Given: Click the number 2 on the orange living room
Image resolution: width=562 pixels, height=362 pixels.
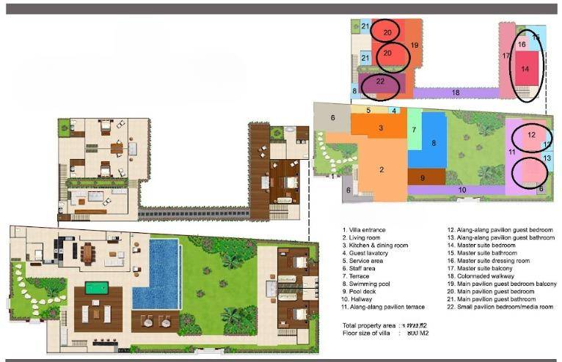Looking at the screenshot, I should (x=382, y=169).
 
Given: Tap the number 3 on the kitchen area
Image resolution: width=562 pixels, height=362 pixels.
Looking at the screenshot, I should (x=380, y=128).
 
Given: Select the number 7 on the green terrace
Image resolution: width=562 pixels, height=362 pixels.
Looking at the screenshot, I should (x=414, y=130).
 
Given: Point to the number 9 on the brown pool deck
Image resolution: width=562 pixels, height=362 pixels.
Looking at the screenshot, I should (x=422, y=177).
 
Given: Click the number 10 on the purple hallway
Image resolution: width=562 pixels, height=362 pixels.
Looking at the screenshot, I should (x=461, y=190).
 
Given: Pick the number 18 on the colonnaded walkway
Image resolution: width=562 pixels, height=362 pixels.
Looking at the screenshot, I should (x=456, y=92).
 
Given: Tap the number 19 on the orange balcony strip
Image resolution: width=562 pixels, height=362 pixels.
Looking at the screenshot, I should (x=415, y=45).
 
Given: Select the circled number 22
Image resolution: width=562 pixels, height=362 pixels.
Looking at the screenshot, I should (x=380, y=81).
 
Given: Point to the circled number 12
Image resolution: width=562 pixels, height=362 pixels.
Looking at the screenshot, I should (x=531, y=135).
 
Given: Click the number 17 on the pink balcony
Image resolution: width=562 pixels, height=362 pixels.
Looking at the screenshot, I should (x=506, y=56).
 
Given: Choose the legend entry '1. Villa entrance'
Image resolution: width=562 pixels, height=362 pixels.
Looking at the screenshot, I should (x=365, y=229).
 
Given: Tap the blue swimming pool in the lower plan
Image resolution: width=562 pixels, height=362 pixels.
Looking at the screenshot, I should (x=156, y=274).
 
